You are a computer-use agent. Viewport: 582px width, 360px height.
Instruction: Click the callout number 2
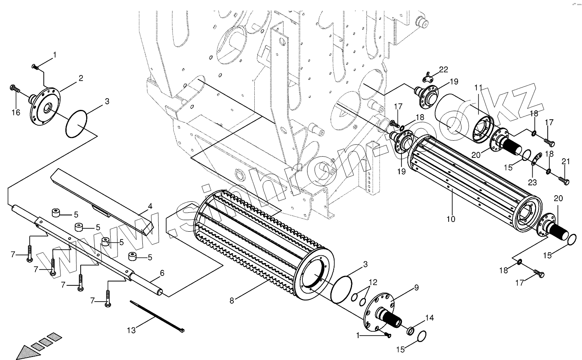(x=81, y=78)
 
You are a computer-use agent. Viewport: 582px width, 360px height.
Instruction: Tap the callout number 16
(x=16, y=112)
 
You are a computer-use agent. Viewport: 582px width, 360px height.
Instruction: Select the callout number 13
(x=132, y=330)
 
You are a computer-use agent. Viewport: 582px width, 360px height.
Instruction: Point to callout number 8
(x=232, y=301)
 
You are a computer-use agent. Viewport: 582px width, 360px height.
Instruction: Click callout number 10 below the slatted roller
(x=451, y=219)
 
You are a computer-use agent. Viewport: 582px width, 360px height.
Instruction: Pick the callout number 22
(x=443, y=70)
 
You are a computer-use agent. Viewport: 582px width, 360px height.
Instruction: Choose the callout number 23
(x=532, y=182)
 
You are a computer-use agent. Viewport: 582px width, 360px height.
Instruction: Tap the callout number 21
(x=566, y=162)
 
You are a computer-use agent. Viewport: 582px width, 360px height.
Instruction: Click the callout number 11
(x=478, y=88)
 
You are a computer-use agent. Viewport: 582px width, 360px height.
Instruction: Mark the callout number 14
(x=429, y=318)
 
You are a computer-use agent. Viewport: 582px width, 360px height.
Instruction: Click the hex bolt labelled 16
(x=15, y=88)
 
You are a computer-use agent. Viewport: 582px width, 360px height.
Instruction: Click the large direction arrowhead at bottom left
(x=28, y=352)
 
